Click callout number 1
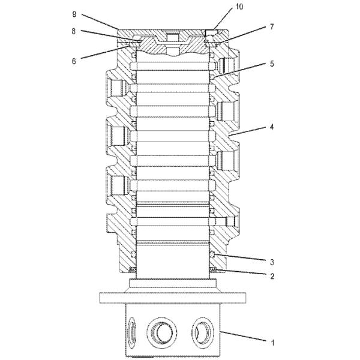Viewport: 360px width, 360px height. click(x=272, y=343)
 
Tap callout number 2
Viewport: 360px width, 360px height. click(x=272, y=276)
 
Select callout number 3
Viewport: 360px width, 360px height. click(x=272, y=262)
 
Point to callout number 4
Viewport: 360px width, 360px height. click(x=272, y=127)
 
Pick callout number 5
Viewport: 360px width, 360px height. click(x=272, y=64)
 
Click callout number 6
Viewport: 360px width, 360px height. click(x=74, y=61)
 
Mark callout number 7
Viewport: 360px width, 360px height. click(x=272, y=27)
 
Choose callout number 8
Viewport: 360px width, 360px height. click(x=73, y=31)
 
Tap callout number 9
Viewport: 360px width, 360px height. click(x=74, y=14)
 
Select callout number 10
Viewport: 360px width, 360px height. click(x=239, y=7)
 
